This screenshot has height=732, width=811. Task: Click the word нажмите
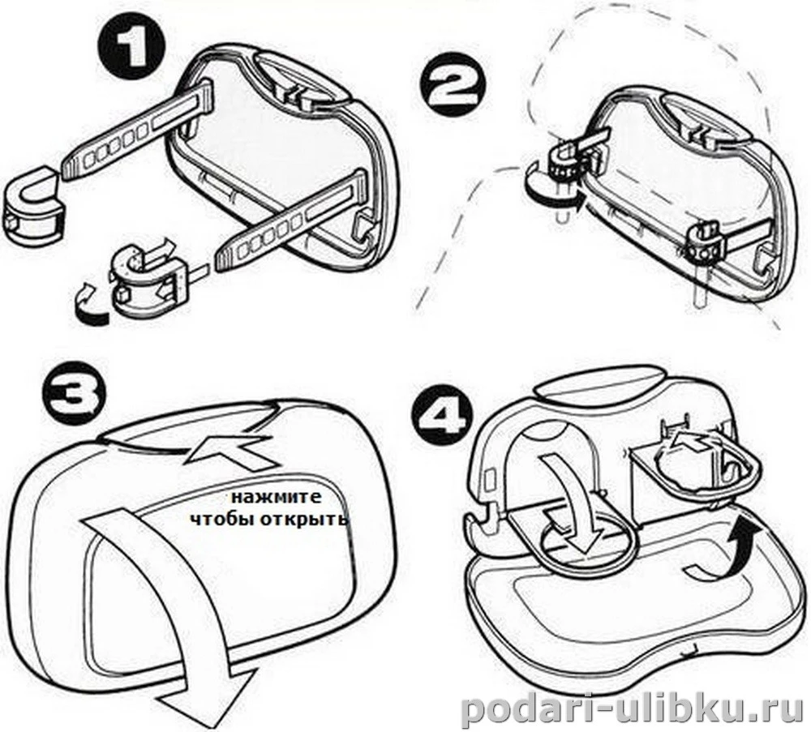[x=277, y=497]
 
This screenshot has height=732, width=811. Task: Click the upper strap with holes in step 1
[x=137, y=128]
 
